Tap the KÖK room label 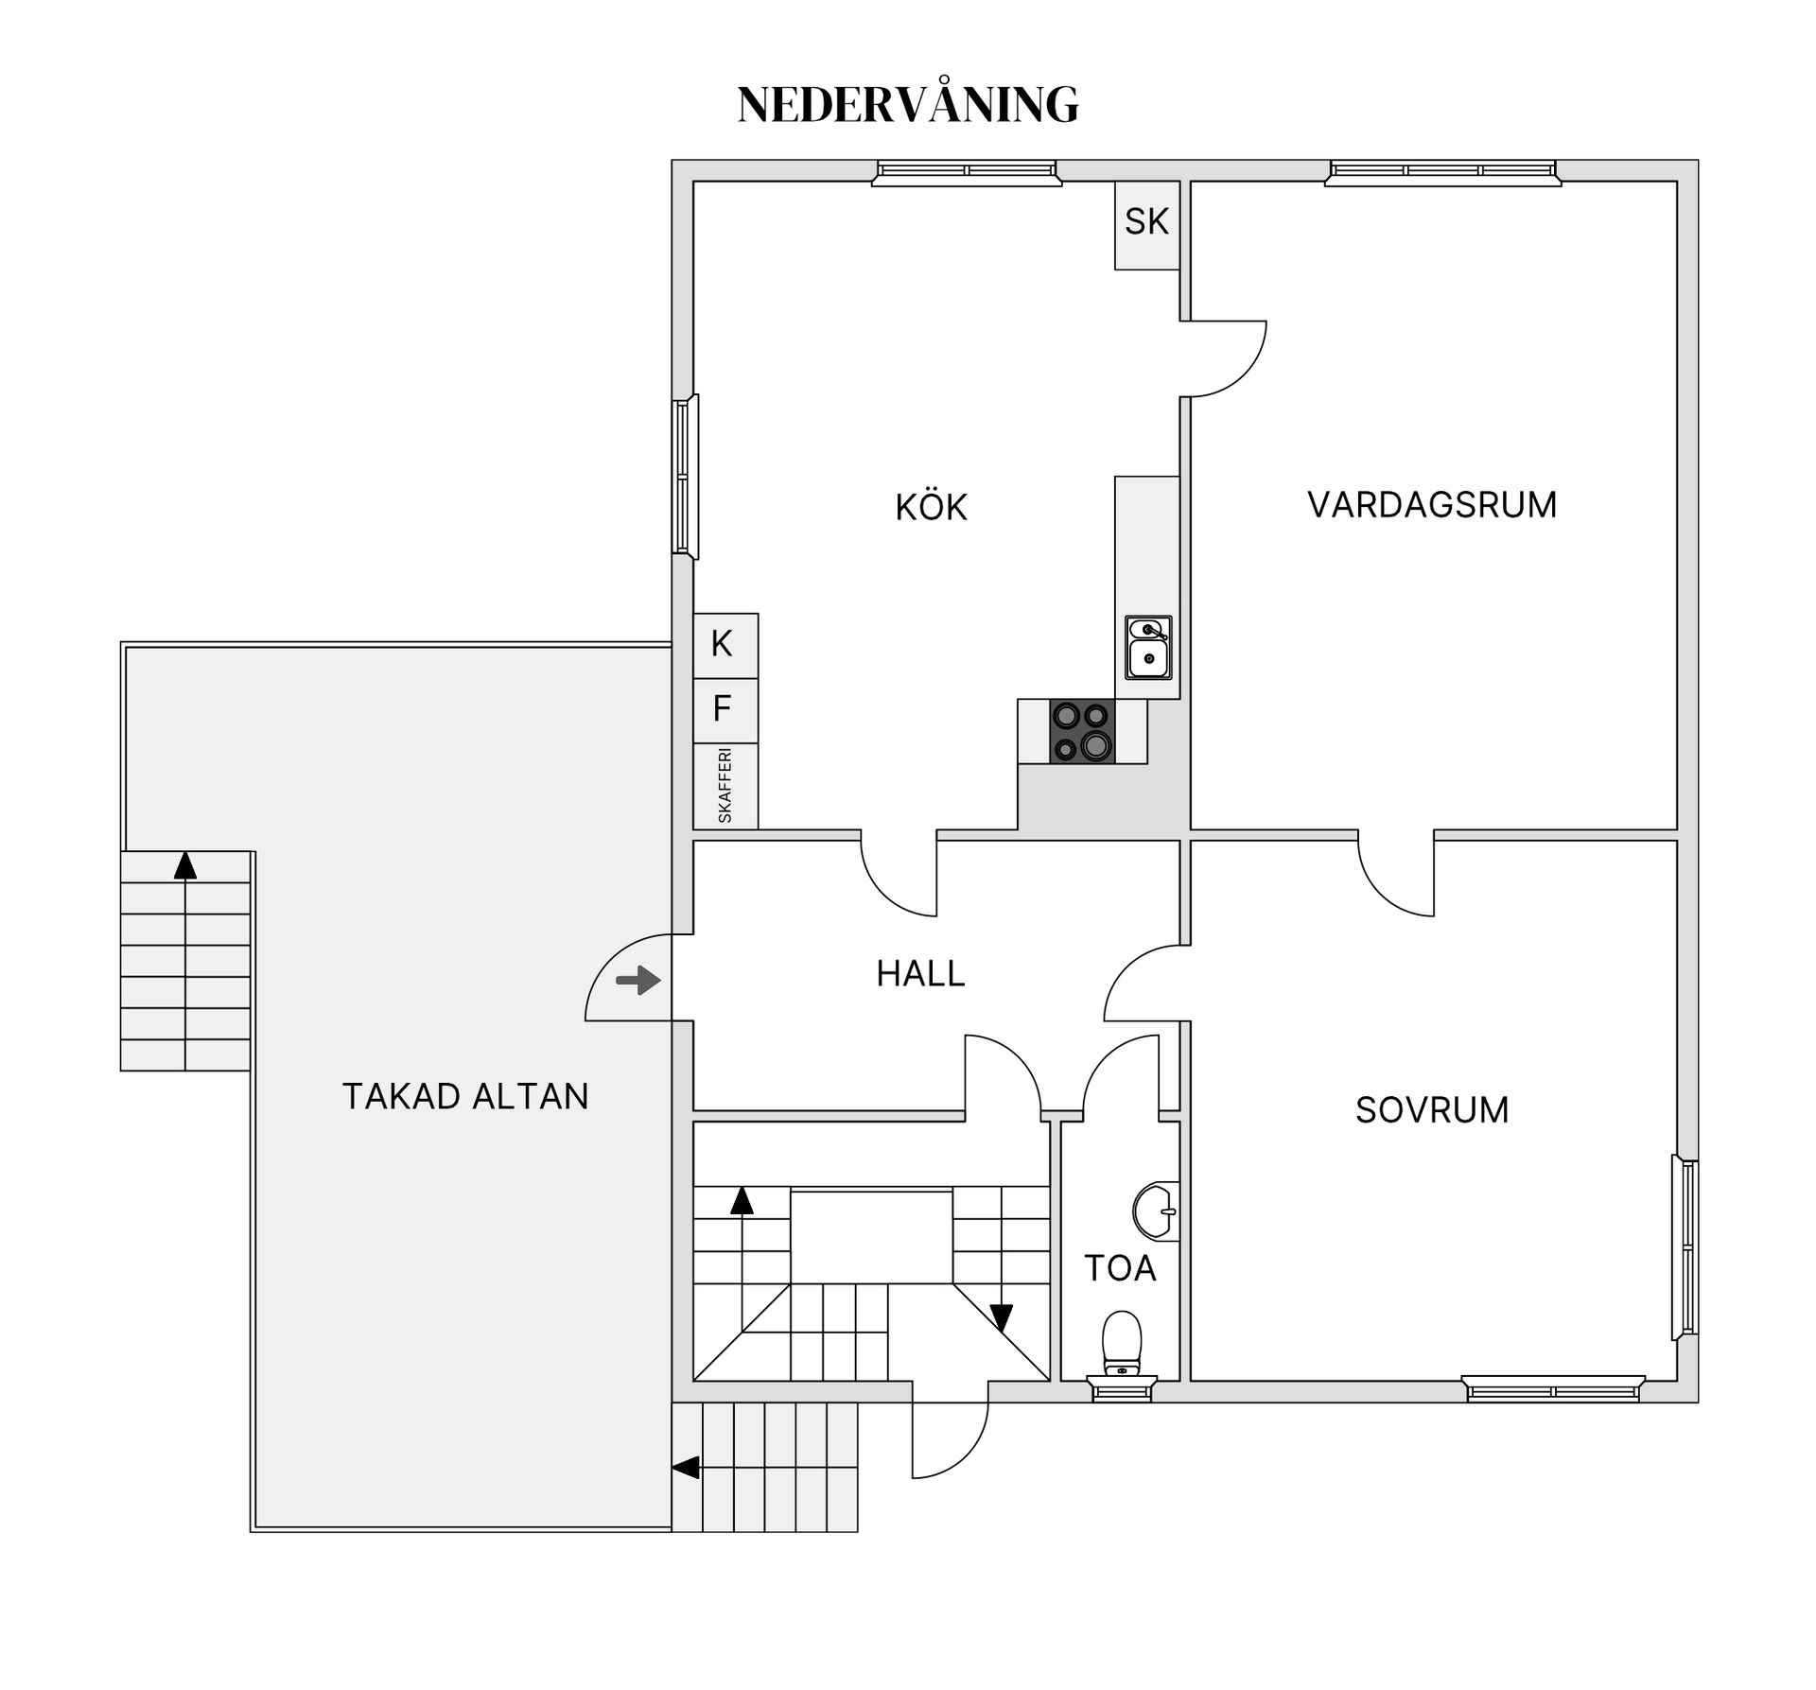[x=932, y=507]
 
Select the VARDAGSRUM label [x=1432, y=505]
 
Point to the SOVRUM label [x=1432, y=1110]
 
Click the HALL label [x=920, y=974]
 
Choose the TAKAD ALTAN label [x=465, y=1096]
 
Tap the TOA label [x=1120, y=1268]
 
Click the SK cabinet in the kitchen [x=1147, y=224]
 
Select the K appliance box [x=725, y=646]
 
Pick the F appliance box [x=725, y=711]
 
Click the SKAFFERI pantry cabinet [x=725, y=787]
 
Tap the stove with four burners [x=1082, y=731]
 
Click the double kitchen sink [x=1148, y=648]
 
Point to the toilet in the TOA [x=1122, y=1344]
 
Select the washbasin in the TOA [x=1156, y=1211]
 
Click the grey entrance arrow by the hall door [x=638, y=981]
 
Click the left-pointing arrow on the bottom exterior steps [x=685, y=1467]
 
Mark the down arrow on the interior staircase [x=1001, y=1318]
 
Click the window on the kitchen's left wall [x=686, y=477]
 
